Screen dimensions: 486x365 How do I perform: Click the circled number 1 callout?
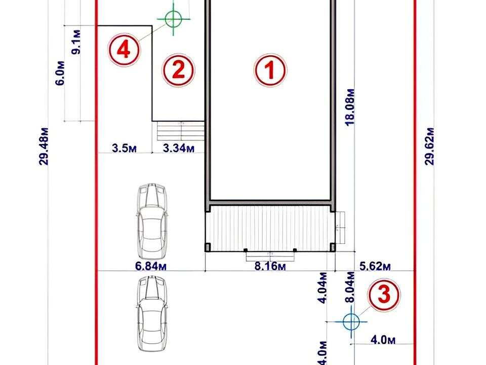coord(270,70)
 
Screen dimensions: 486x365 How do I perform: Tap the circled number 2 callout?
coord(178,70)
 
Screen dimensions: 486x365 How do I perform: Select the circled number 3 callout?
coord(384,295)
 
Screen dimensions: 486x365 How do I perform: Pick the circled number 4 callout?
coord(124,50)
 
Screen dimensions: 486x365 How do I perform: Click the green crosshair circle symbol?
coord(173,19)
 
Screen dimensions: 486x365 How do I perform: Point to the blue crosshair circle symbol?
coord(351,321)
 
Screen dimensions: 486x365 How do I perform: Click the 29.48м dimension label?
coord(44,146)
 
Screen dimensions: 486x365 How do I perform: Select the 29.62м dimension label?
coord(430,146)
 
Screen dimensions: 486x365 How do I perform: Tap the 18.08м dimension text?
coord(350,107)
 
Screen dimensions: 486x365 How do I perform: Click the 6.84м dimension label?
coord(151,266)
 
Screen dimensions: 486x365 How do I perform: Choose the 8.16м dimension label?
coord(270,266)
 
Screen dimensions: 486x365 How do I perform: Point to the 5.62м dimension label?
coord(375,266)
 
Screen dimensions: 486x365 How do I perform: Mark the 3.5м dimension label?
coord(125,148)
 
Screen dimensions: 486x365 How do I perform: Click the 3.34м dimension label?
coord(179,148)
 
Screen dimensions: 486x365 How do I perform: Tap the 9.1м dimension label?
coord(76,42)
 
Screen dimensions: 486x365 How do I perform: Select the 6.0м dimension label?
coord(60,73)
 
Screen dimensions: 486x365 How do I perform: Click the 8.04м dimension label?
coord(350,287)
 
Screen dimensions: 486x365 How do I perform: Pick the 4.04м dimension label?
coord(323,288)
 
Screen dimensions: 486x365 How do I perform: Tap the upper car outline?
coord(152,221)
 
